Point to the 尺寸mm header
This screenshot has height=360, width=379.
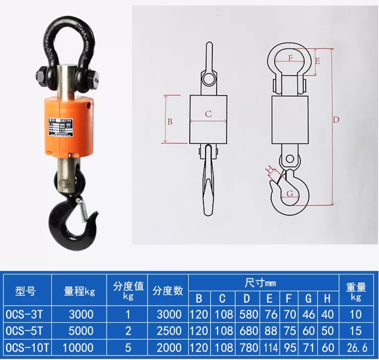[x=260, y=283]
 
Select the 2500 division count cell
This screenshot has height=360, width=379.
[x=169, y=331]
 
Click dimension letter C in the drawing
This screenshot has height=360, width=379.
[x=209, y=114]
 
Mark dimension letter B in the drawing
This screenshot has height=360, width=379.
[x=169, y=121]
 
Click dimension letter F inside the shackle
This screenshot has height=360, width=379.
[x=290, y=57]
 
